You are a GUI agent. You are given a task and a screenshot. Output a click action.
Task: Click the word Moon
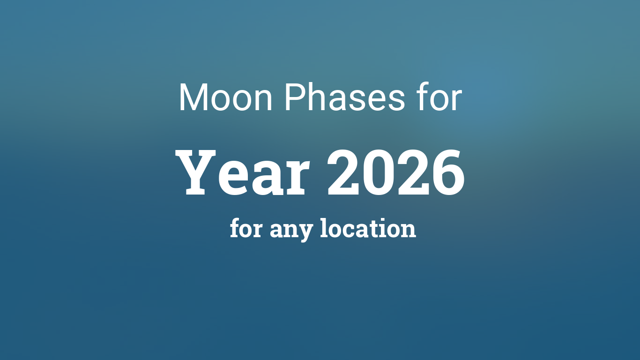tap(225, 98)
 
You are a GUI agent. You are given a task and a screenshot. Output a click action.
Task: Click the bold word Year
tap(244, 173)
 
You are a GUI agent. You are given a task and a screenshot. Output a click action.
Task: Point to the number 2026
tap(396, 173)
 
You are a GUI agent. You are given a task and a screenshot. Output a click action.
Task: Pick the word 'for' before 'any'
tap(246, 229)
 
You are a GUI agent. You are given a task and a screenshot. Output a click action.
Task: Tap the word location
tap(368, 229)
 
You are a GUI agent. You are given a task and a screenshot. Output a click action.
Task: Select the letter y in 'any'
tap(305, 232)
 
